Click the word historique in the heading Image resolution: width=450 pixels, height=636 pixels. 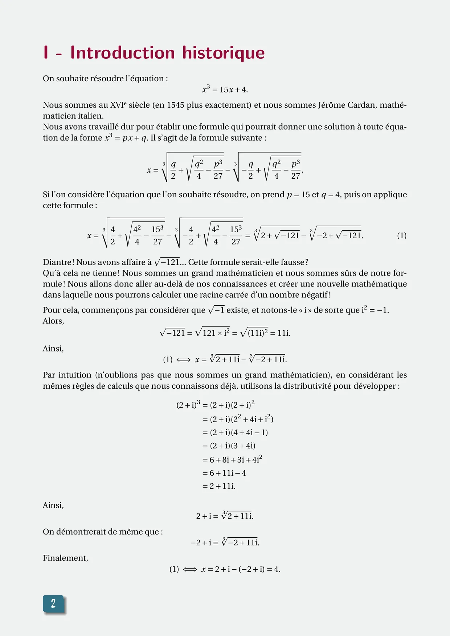pos(223,53)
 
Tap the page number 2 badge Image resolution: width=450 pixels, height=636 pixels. pos(53,603)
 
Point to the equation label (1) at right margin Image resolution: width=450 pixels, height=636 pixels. pos(401,236)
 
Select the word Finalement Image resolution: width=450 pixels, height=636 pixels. pos(65,558)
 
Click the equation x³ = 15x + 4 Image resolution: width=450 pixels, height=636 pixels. pos(225,90)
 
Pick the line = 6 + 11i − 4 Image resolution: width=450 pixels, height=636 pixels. pos(224,473)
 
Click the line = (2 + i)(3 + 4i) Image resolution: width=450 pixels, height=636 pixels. pos(229,446)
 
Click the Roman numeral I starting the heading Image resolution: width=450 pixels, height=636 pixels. pos(46,53)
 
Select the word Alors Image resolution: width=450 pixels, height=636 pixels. pos(53,321)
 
